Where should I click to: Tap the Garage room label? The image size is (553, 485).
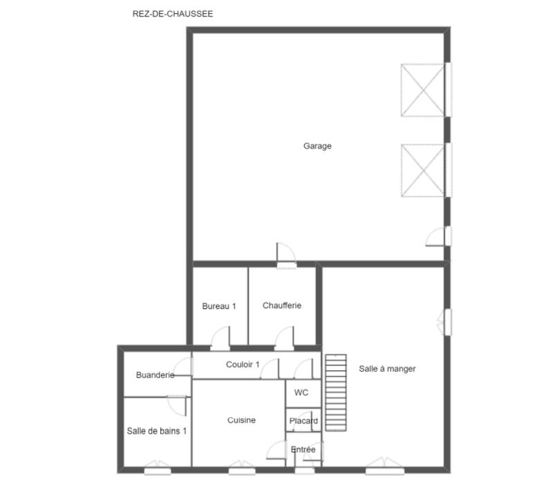coord(317,146)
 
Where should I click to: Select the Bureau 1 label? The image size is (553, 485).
coord(219,306)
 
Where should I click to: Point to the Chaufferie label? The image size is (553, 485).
coord(282,305)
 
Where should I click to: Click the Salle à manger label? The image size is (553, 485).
coord(387,369)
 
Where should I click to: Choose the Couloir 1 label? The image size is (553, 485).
coord(243,365)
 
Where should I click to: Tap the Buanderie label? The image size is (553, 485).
coord(155,375)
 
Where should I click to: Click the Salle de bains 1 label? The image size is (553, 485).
coord(157,430)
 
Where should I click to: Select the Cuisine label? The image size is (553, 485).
coord(242,420)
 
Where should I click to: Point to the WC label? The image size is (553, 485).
coord(301,392)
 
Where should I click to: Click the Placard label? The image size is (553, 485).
coord(303,421)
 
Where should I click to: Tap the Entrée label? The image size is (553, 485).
coord(303,450)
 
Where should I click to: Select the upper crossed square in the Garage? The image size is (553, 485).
coord(423,90)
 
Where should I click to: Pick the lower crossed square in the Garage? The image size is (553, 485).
coord(423,170)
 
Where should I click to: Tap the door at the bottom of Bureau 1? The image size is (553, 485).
coord(220,338)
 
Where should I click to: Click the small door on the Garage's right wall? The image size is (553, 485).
coord(438,236)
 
